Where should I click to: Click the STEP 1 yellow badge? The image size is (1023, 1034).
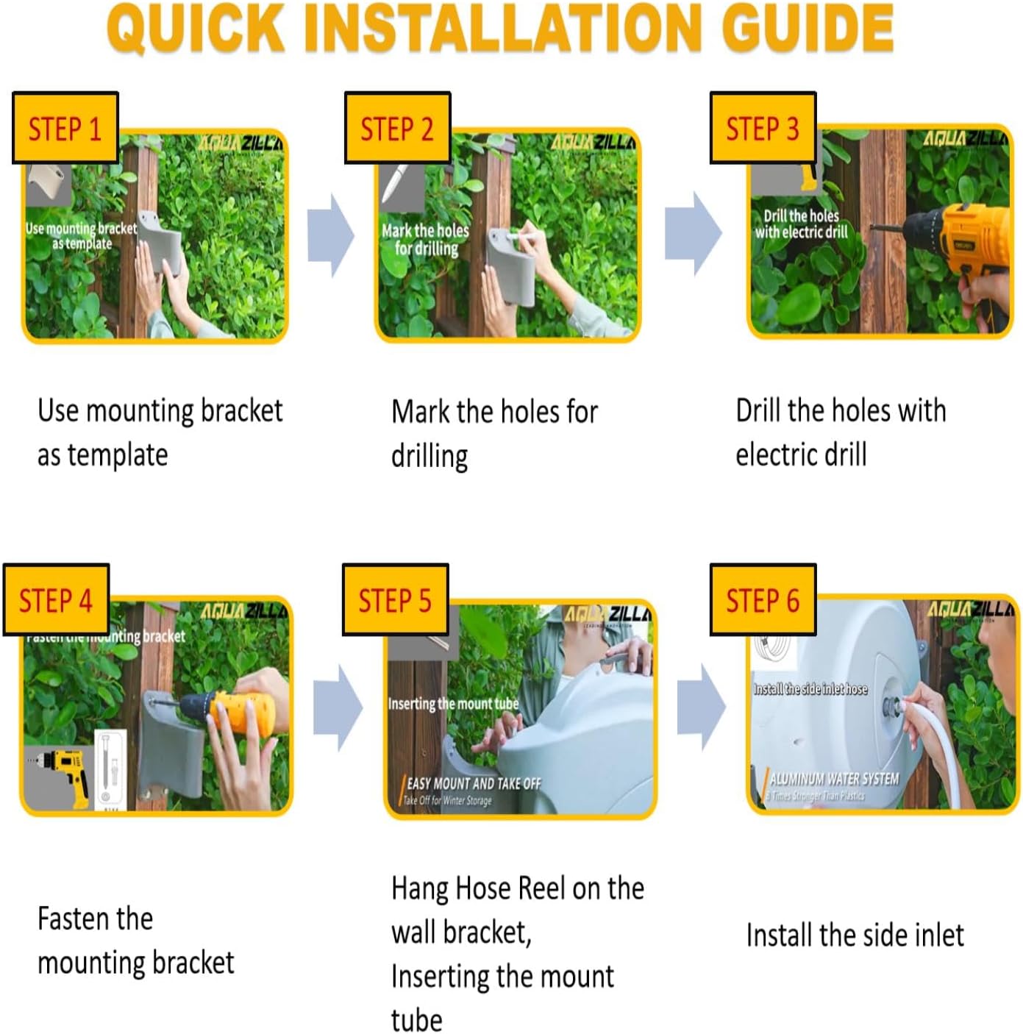coord(65,128)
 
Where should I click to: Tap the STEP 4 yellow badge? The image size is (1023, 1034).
coord(56,600)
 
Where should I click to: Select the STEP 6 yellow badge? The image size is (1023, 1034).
coord(763,600)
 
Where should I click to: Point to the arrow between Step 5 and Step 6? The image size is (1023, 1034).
coord(701,707)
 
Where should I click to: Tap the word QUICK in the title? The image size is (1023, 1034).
coord(196,28)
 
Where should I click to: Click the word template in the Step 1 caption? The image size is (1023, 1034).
coord(118,455)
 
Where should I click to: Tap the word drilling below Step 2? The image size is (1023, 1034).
coord(429,457)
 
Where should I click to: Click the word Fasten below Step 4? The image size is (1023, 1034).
coord(95,919)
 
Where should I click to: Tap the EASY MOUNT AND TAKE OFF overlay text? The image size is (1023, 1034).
coord(474,784)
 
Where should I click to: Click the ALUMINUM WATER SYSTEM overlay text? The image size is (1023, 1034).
coord(834,779)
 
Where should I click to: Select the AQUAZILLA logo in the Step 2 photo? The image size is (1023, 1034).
coord(593,142)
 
